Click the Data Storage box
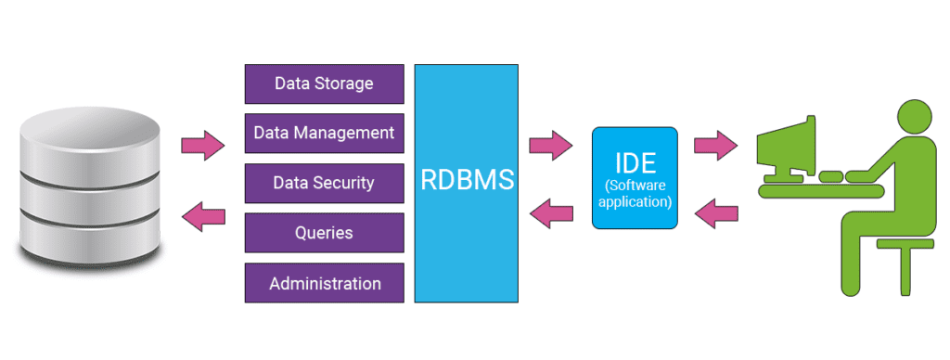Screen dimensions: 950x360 click(324, 84)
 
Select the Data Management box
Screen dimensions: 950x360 click(324, 134)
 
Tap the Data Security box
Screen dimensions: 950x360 click(324, 183)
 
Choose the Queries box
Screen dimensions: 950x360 click(324, 233)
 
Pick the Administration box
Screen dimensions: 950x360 click(324, 283)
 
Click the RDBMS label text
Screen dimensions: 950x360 click(468, 180)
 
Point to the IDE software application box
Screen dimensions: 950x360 click(635, 177)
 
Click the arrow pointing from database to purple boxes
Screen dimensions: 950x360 click(203, 146)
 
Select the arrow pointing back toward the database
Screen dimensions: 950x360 click(203, 216)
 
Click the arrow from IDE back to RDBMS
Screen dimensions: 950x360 click(551, 213)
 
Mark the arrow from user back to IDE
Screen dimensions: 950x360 click(716, 213)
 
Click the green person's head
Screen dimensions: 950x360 click(914, 116)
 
